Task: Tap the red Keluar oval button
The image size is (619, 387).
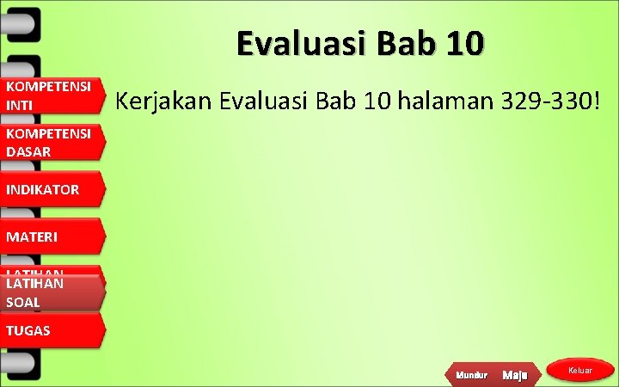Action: click(x=580, y=370)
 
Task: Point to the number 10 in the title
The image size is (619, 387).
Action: click(x=463, y=42)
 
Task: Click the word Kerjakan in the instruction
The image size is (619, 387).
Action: click(x=163, y=102)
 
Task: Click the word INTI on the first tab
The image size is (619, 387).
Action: click(x=17, y=104)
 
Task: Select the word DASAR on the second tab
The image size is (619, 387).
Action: click(x=28, y=150)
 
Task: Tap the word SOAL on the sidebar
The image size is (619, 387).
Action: click(x=22, y=302)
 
